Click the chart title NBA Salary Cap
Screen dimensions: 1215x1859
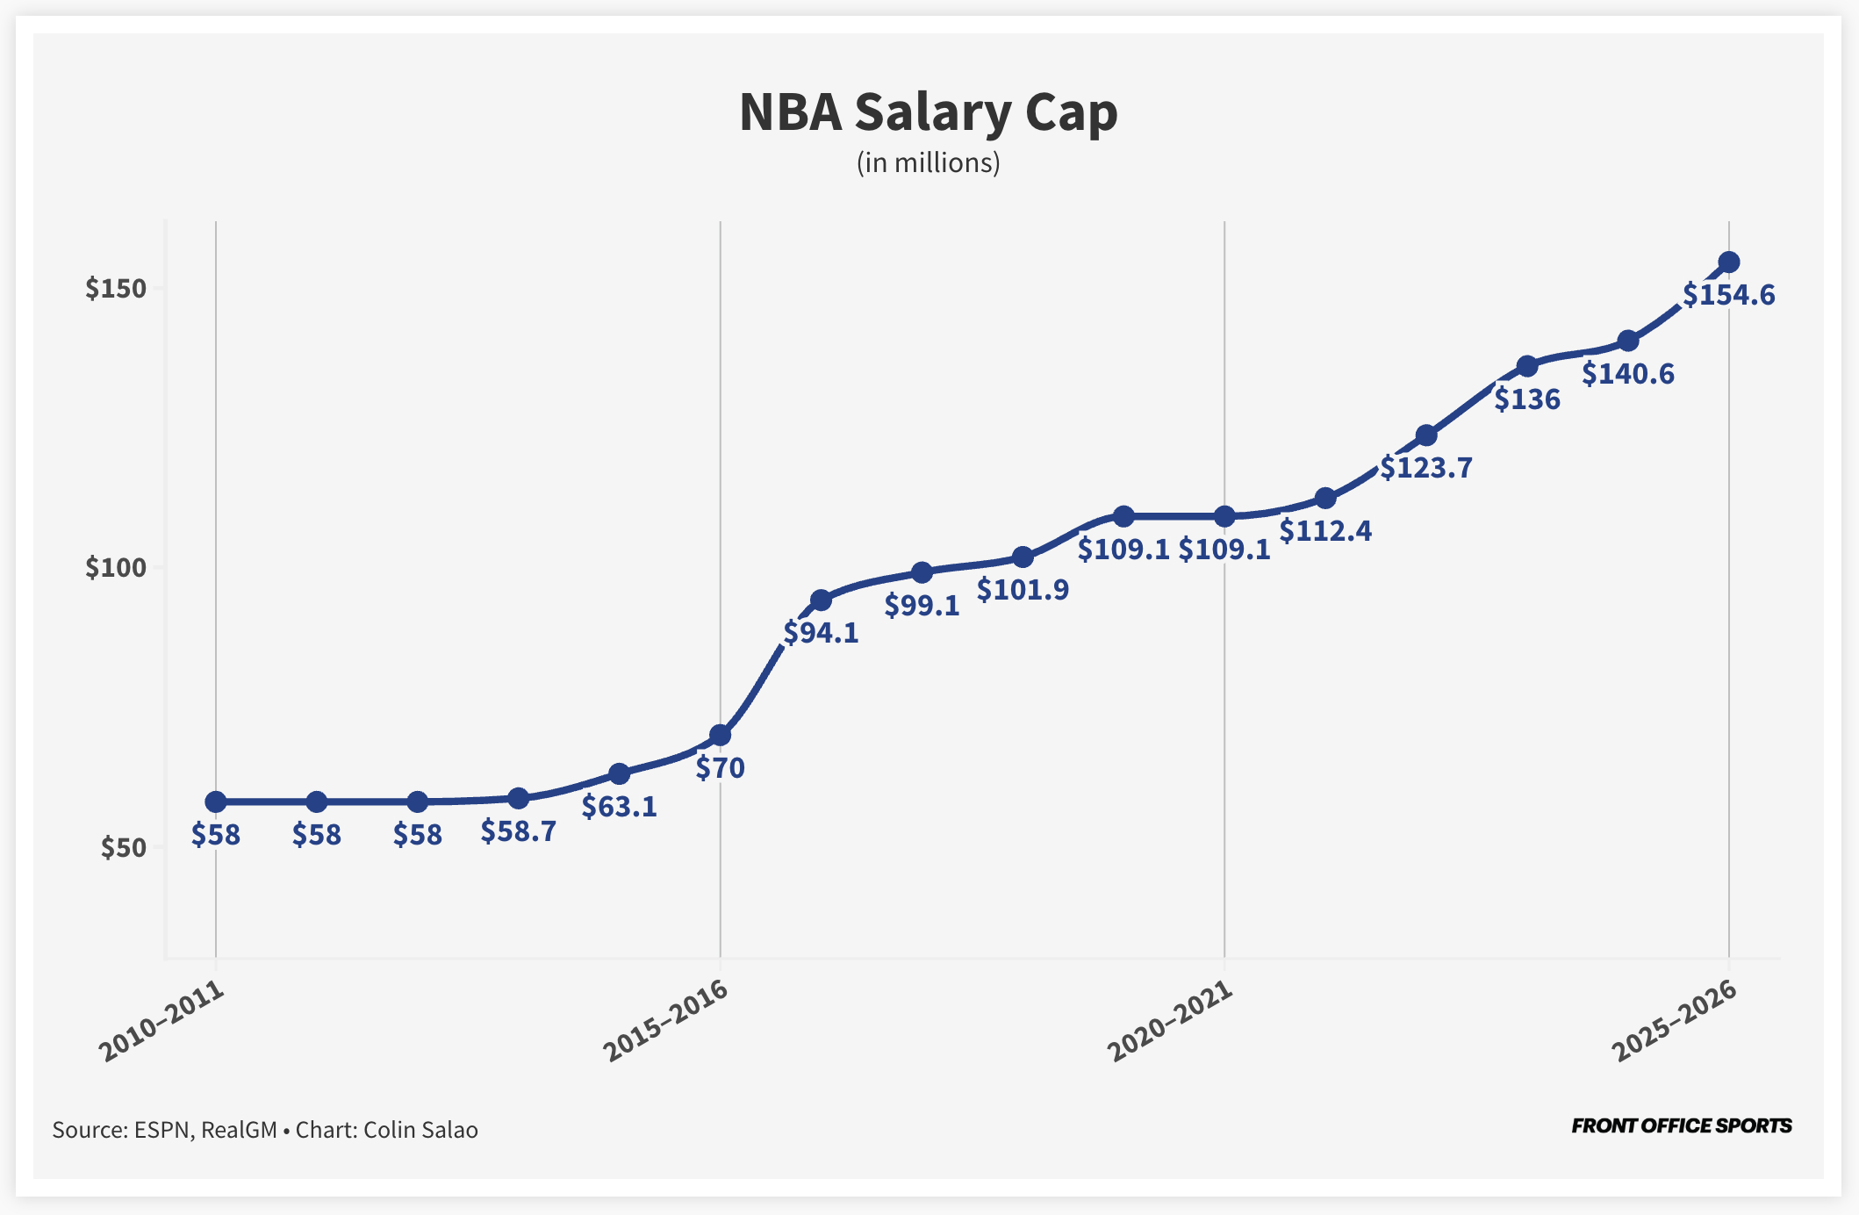[929, 113]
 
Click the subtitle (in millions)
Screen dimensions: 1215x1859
[929, 163]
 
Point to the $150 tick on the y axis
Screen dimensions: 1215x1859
[116, 288]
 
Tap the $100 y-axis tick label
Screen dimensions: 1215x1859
[116, 567]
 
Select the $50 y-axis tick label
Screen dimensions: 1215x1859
[123, 847]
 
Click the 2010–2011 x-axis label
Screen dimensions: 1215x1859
[162, 1020]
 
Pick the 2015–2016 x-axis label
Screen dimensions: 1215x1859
[666, 1020]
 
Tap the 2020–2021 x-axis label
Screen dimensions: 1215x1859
[1171, 1020]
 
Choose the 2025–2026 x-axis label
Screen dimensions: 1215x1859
[1675, 1020]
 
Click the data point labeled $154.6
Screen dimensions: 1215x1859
[1729, 262]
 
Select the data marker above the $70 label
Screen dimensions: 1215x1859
[720, 735]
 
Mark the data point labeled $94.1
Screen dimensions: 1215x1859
[821, 600]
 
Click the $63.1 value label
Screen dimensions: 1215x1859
[620, 806]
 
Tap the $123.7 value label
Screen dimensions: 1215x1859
[1426, 468]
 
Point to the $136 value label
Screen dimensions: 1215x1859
[1527, 400]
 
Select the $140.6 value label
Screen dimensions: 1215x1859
[1628, 374]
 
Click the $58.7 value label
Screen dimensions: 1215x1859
[519, 830]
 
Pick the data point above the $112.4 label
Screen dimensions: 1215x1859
[1325, 499]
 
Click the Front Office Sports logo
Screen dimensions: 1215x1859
[1681, 1125]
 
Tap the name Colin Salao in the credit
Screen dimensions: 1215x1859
[420, 1130]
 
